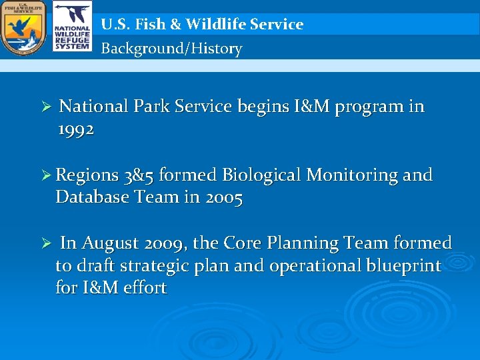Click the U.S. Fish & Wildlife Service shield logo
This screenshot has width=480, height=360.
(x=23, y=28)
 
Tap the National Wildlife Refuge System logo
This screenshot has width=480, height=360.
(x=72, y=28)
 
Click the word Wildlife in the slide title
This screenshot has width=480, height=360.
(x=211, y=25)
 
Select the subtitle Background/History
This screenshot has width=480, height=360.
(x=171, y=49)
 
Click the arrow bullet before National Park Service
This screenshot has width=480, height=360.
(x=46, y=107)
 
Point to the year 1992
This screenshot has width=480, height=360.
(x=76, y=129)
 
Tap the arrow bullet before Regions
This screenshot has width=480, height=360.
(x=46, y=176)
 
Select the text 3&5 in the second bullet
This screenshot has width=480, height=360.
(x=139, y=175)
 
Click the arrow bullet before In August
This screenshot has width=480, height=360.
(x=46, y=244)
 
